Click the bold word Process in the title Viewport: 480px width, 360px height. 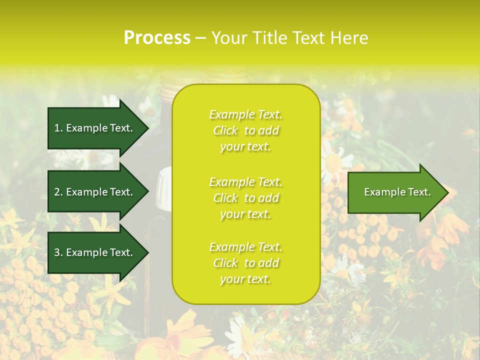[x=157, y=38]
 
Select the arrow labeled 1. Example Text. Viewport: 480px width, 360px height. [x=95, y=128]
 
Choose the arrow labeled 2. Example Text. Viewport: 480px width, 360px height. [x=95, y=192]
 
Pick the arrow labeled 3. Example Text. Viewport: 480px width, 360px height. [x=95, y=252]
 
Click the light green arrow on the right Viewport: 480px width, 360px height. [x=395, y=192]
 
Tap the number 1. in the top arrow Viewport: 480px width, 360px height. [x=58, y=128]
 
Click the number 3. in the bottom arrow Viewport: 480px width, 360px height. [x=58, y=252]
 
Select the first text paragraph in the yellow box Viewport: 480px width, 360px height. [x=245, y=130]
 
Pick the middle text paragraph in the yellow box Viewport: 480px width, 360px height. [x=245, y=198]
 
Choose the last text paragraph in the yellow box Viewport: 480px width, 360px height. [x=245, y=263]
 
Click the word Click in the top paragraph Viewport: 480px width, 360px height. [x=225, y=130]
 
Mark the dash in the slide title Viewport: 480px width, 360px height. [x=201, y=38]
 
